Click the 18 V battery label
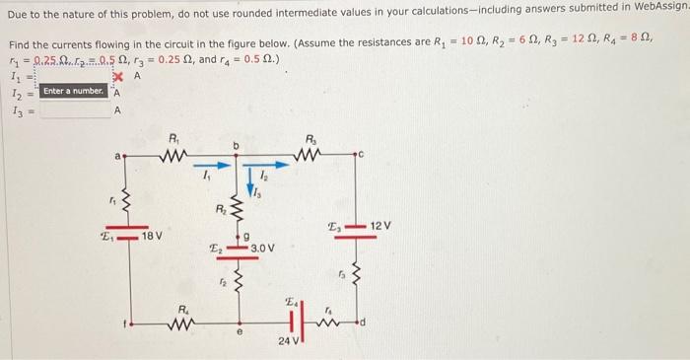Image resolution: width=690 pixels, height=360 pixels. [153, 237]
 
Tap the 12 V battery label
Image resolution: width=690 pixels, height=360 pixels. [379, 227]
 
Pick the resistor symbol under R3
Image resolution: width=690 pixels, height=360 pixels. [311, 155]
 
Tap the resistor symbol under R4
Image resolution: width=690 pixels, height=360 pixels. [185, 322]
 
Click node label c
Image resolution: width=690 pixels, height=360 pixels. [361, 154]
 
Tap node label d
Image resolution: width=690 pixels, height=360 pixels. [363, 321]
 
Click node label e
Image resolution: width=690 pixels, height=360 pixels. [240, 334]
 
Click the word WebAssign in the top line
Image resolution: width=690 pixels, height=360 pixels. [658, 8]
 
